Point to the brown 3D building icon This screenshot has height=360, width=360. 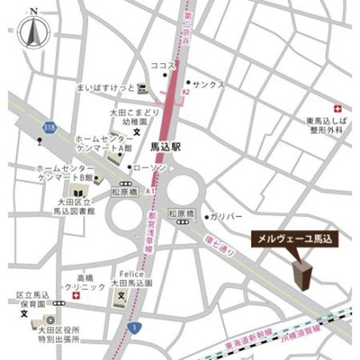click(x=301, y=274)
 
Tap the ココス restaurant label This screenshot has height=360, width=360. click(x=162, y=66)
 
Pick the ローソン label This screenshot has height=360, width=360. click(x=148, y=168)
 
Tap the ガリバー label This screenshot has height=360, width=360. click(x=229, y=217)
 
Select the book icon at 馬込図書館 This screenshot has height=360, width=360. click(x=78, y=193)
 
